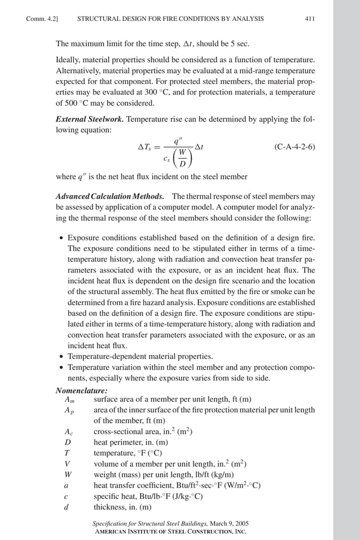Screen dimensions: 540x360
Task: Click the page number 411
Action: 309,19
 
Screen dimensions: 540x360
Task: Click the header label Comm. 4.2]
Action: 43,19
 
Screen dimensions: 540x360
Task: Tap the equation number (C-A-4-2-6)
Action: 295,147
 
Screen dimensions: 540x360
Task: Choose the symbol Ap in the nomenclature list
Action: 69,411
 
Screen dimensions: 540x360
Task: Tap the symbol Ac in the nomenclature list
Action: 69,432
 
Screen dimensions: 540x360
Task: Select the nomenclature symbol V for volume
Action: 67,464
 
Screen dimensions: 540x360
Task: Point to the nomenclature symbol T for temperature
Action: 67,453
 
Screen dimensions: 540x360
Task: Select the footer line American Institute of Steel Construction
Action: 169,532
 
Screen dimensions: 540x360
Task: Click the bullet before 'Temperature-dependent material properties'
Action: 61,357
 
